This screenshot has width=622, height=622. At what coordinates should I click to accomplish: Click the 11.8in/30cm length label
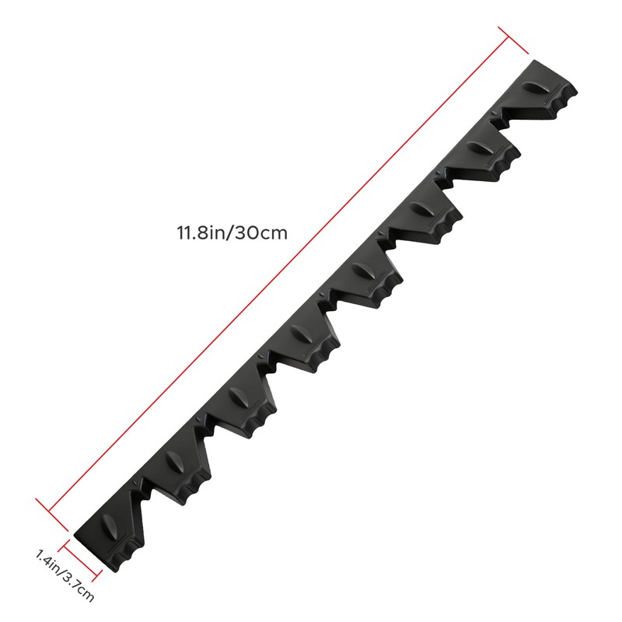[x=232, y=232]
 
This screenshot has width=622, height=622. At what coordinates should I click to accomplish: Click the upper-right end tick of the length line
[x=513, y=40]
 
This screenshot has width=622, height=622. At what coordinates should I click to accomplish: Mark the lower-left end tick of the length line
[x=52, y=515]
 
